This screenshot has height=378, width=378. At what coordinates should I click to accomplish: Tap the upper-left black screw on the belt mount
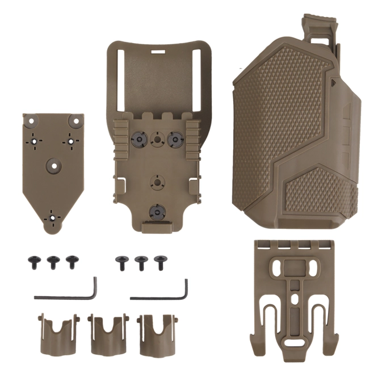(138, 138)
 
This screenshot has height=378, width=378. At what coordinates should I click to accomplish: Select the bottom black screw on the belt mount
(156, 212)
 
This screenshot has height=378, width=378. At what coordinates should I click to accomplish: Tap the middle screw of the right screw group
(140, 262)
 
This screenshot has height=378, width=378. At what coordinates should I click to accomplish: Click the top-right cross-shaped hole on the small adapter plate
(72, 139)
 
